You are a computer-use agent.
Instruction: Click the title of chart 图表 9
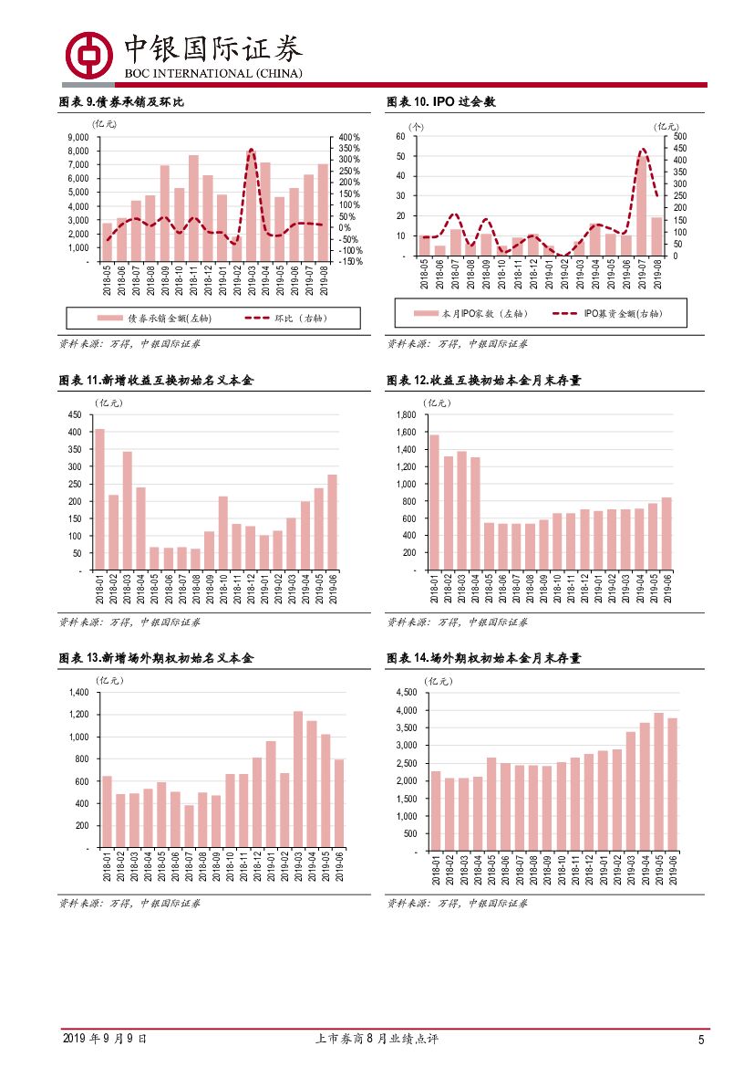click(x=121, y=102)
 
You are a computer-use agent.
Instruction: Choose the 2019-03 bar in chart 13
click(x=297, y=779)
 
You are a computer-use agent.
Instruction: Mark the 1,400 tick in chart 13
click(x=76, y=693)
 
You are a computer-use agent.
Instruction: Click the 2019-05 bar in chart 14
click(x=658, y=781)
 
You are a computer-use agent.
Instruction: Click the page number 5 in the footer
click(x=701, y=1040)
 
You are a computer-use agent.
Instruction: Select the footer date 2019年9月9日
click(x=104, y=1040)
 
